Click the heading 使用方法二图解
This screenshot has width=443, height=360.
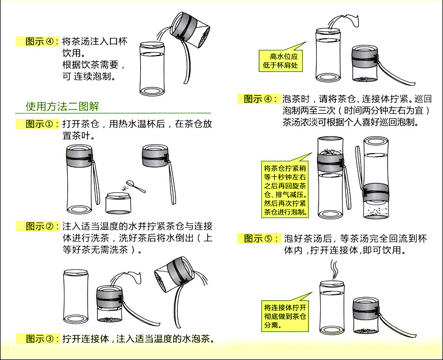point(62,107)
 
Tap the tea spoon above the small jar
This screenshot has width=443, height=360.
point(136,186)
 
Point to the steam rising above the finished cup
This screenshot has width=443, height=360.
point(335,269)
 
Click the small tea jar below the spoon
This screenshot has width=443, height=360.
point(118,203)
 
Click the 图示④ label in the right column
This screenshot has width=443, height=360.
point(258,99)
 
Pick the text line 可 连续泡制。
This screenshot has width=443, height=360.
point(89,77)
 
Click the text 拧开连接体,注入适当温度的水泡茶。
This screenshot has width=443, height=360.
point(138,339)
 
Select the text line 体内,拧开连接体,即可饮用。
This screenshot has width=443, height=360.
point(345,250)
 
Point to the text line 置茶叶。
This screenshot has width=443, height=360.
point(79,136)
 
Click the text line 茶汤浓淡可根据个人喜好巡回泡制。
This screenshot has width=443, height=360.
point(350,122)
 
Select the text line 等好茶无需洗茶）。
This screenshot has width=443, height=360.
point(102,250)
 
